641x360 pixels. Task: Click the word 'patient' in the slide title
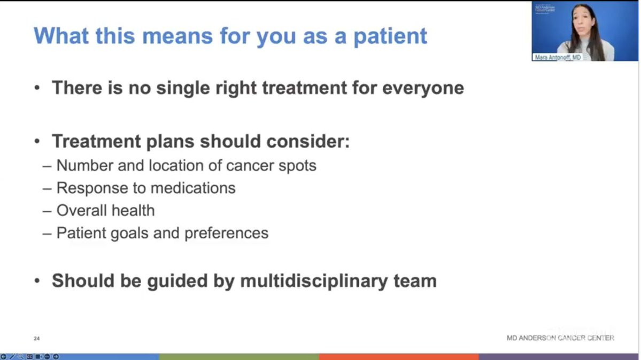click(x=390, y=36)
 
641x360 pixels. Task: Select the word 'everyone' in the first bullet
click(x=423, y=88)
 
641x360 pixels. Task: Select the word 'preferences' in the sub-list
click(x=227, y=233)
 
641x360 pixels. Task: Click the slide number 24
click(x=37, y=338)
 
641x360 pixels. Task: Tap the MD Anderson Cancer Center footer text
click(x=560, y=338)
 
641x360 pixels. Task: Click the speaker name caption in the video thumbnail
click(x=558, y=57)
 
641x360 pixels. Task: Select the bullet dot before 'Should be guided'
click(x=37, y=281)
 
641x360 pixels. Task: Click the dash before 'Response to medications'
click(x=47, y=189)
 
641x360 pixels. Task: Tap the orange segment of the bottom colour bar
click(x=399, y=357)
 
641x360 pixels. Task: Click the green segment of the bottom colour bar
click(x=239, y=357)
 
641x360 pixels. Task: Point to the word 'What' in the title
click(x=61, y=36)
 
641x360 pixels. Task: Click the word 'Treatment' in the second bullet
click(x=96, y=142)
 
